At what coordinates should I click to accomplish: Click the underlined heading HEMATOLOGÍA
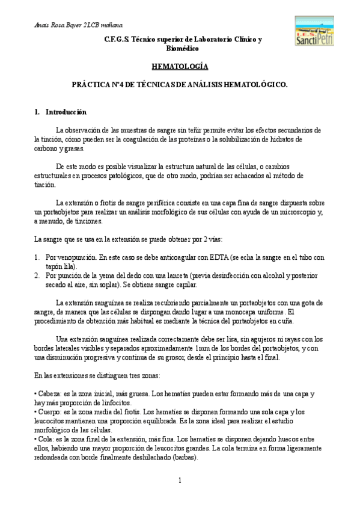[179, 68]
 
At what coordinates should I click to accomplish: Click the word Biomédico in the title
[179, 48]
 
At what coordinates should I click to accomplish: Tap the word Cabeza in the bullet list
[49, 393]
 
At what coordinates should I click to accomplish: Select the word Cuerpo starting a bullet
[49, 412]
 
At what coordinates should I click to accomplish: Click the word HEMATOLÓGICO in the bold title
[255, 86]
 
